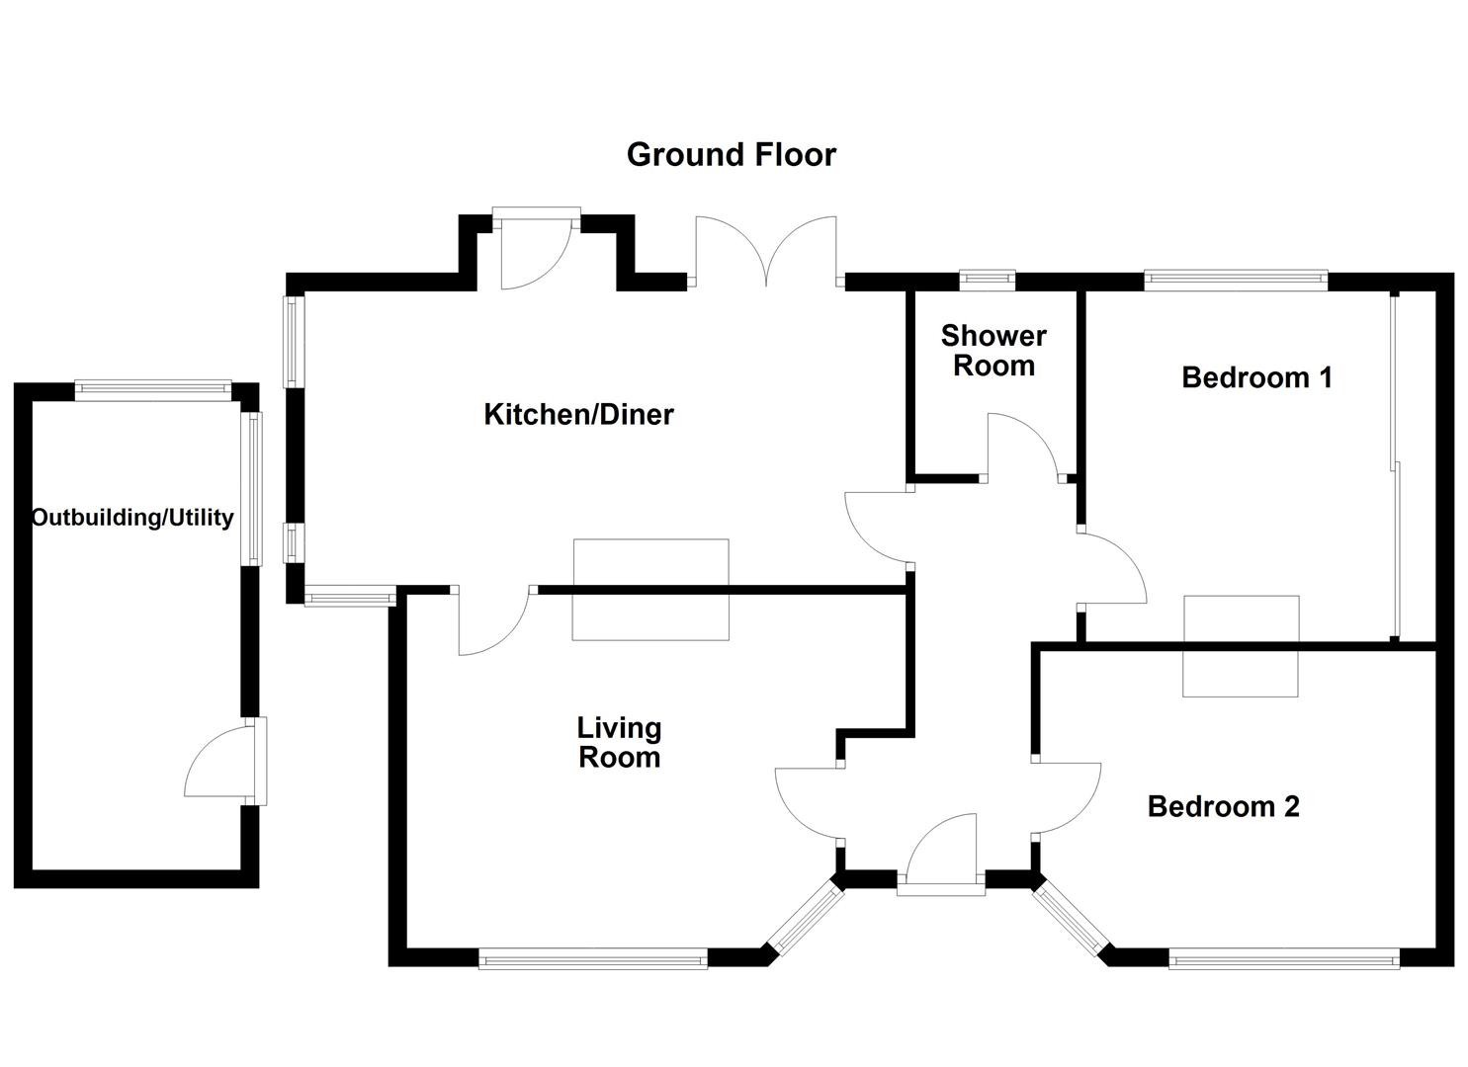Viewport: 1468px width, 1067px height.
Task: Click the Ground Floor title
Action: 731,155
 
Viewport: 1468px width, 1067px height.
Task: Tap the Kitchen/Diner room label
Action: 578,414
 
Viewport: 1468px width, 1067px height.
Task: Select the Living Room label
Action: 619,743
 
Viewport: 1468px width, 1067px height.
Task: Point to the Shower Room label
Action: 993,351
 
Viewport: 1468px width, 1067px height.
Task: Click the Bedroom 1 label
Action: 1256,377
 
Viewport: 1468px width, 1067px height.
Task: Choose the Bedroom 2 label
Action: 1223,806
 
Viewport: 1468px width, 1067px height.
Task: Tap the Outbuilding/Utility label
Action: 132,518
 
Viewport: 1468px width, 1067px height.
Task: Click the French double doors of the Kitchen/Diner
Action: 767,252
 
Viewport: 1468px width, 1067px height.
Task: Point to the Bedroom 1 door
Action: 1112,568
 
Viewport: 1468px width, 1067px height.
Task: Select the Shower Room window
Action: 989,281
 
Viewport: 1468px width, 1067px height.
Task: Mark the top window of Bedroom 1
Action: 1236,281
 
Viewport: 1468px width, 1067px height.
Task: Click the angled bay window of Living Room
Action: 806,919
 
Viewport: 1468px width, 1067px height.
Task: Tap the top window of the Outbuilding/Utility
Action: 153,390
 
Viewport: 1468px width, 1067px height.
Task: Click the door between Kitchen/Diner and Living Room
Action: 493,622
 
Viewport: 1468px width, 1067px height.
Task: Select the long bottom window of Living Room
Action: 593,957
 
